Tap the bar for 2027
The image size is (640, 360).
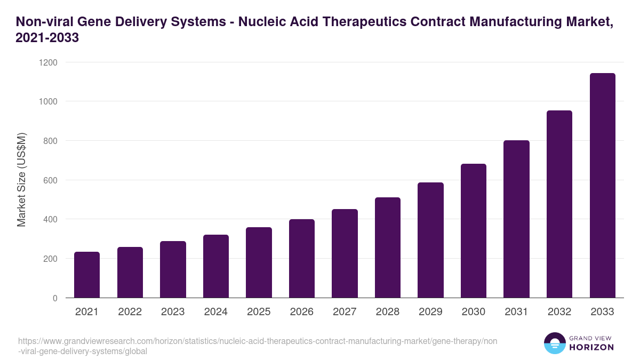(345, 253)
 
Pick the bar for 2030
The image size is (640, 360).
(474, 231)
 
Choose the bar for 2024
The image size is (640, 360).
(216, 266)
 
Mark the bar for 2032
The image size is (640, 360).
(559, 204)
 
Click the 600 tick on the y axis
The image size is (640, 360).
(50, 180)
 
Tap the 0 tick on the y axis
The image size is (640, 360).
(55, 298)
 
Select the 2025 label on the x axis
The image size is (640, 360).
(259, 312)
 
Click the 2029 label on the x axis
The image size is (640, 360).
(430, 312)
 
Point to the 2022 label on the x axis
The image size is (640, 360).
(130, 312)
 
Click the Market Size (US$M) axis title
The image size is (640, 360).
(21, 180)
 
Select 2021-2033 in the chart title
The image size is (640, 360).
(47, 38)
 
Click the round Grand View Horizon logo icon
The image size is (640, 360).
(555, 343)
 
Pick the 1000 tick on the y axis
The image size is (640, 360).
(47, 101)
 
